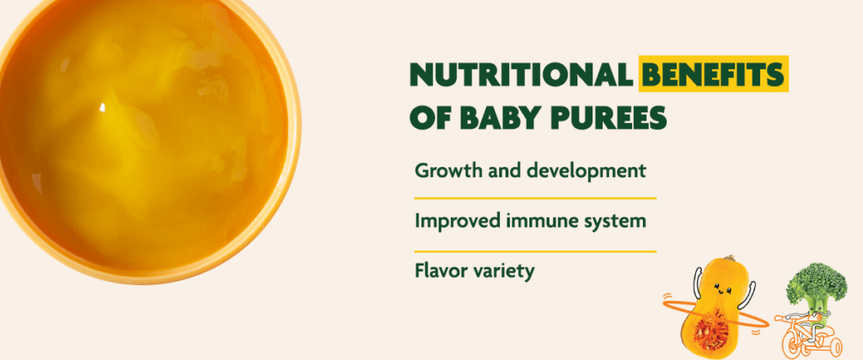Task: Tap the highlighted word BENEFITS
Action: pos(713,77)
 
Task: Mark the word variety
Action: pos(501,273)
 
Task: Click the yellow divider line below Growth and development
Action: pos(535,197)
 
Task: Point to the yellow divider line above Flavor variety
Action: pos(535,251)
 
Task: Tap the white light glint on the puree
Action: pos(102,107)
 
